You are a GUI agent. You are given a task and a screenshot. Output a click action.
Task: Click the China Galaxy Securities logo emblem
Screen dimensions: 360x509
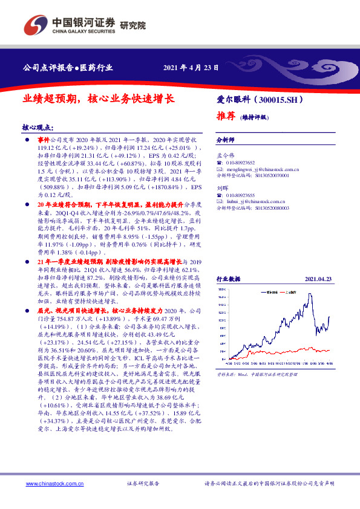(x=34, y=26)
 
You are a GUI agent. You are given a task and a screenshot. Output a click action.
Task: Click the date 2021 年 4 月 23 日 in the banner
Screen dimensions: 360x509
(x=191, y=68)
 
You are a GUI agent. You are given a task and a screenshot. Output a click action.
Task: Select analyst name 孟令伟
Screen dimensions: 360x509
(x=225, y=155)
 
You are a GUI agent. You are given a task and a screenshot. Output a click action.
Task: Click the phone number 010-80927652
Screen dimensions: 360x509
(x=243, y=163)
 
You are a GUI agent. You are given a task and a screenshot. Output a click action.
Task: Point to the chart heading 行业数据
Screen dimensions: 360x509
(x=229, y=279)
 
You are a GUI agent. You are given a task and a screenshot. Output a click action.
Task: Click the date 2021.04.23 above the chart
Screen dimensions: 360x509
(x=318, y=279)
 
